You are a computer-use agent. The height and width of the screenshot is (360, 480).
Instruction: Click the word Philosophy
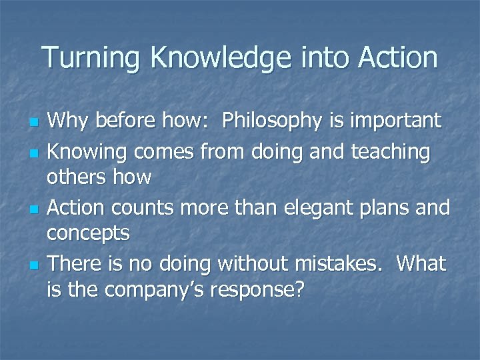[280, 121]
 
